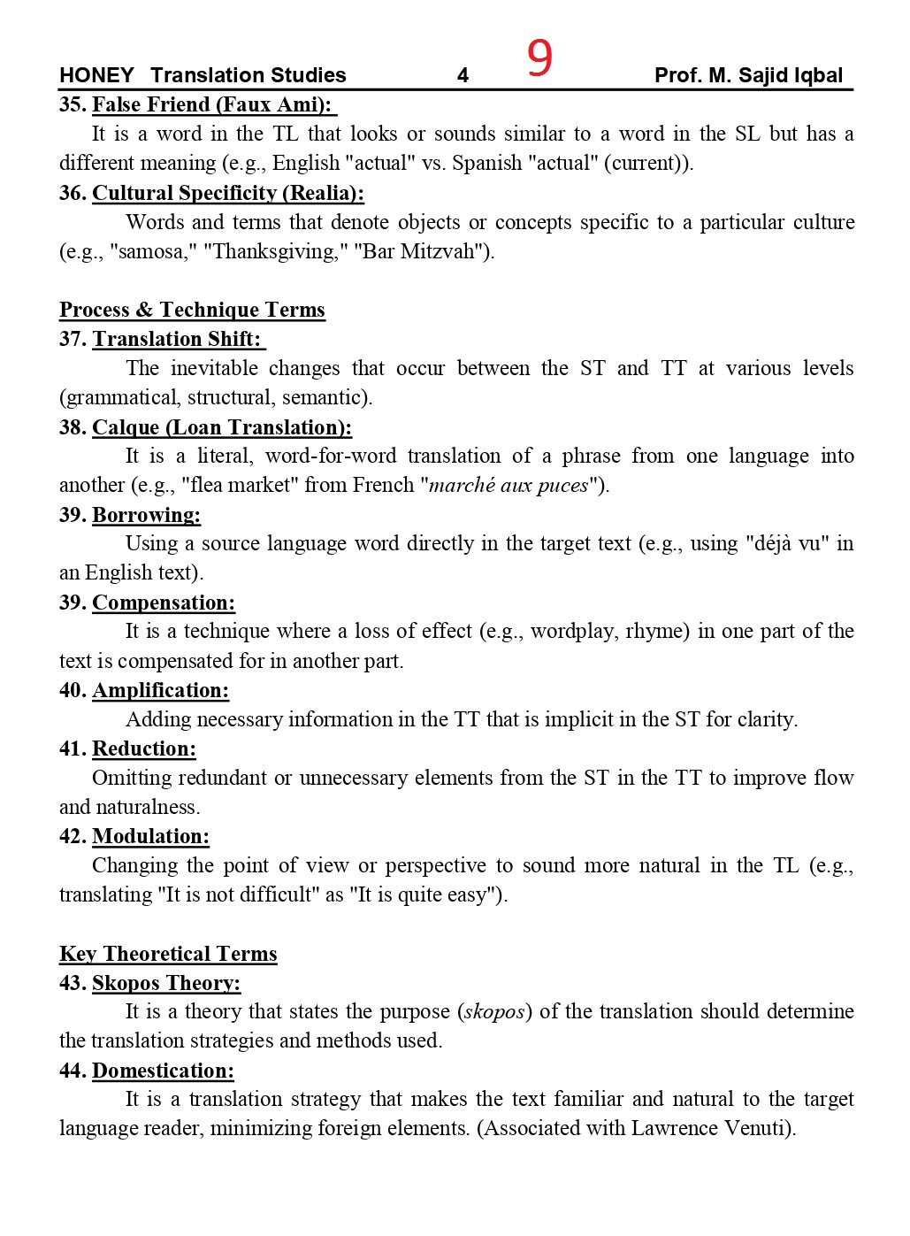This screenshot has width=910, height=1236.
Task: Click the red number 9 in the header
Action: click(x=539, y=59)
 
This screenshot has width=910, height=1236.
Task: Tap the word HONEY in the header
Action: click(x=96, y=76)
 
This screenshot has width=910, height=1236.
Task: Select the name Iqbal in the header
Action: click(x=816, y=76)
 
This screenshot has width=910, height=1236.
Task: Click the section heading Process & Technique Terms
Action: click(x=192, y=310)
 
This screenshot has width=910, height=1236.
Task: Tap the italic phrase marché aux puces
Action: click(x=509, y=485)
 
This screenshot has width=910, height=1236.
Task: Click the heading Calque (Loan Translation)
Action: click(x=221, y=427)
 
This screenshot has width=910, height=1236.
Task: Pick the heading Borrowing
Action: click(x=146, y=515)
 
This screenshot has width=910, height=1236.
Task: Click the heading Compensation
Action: click(x=164, y=603)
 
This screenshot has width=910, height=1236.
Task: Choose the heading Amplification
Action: click(x=160, y=690)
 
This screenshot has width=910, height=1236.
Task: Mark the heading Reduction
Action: click(x=144, y=749)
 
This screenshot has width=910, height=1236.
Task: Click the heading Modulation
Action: click(x=150, y=836)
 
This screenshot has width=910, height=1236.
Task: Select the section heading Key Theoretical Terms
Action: click(x=168, y=954)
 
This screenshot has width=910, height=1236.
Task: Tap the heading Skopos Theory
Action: click(x=166, y=983)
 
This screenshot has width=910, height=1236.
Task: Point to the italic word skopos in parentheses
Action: click(x=494, y=1011)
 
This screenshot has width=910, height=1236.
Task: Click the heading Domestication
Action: click(x=163, y=1071)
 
